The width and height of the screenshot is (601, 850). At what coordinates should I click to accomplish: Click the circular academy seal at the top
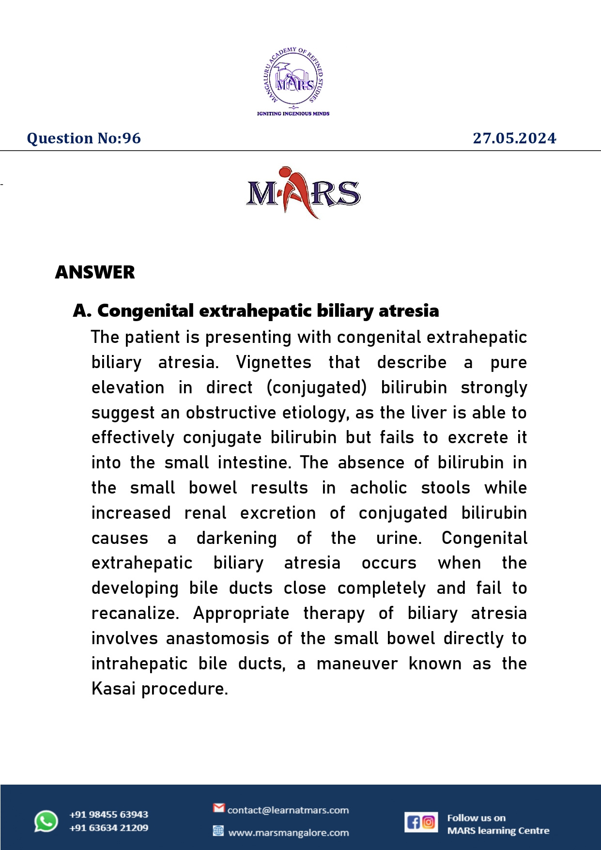293,77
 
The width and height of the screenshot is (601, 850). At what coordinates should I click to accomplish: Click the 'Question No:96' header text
84,139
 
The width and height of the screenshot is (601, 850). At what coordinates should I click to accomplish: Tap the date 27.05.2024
514,139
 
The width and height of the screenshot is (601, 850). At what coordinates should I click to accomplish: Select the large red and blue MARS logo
303,193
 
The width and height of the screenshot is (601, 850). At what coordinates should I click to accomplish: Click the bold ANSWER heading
95,272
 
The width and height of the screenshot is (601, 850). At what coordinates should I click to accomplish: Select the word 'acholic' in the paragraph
378,488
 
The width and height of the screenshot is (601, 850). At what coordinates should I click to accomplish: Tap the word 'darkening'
236,538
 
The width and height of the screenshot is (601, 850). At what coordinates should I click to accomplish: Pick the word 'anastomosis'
217,638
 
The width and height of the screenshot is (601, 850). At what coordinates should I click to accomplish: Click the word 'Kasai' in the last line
114,689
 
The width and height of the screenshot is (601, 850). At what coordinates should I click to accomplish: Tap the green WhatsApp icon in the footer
46,821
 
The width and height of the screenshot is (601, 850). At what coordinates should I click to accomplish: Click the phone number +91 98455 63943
108,815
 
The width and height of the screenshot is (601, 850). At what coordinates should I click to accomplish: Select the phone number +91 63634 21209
108,828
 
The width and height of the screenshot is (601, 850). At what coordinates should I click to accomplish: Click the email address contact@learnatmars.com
288,810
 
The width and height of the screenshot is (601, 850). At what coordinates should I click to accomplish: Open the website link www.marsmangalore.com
288,833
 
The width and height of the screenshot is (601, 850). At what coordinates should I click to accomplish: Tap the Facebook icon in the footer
413,822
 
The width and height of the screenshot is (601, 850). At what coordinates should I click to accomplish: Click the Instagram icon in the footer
429,822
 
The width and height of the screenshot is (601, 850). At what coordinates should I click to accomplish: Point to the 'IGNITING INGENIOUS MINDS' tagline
293,114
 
